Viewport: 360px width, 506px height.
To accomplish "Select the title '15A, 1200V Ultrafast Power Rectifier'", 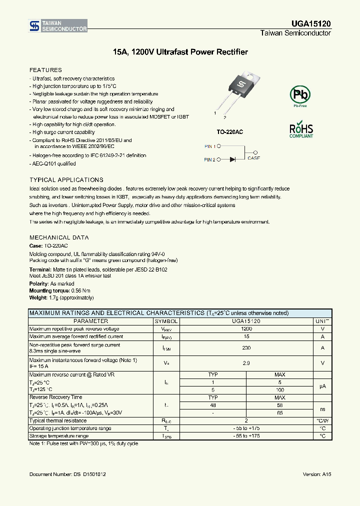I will pyautogui.click(x=180, y=52).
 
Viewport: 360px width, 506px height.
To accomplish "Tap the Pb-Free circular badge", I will pyautogui.click(x=300, y=94).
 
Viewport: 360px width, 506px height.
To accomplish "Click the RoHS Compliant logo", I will pyautogui.click(x=301, y=129).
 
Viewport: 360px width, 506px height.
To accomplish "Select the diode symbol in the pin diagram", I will pyautogui.click(x=233, y=159).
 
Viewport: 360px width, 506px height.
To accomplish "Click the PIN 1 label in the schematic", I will pyautogui.click(x=210, y=146).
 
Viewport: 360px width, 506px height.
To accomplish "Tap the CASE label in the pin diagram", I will pyautogui.click(x=254, y=157).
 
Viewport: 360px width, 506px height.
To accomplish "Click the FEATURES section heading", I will pyautogui.click(x=45, y=70).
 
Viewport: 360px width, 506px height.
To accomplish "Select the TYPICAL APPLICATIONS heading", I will pyautogui.click(x=66, y=179).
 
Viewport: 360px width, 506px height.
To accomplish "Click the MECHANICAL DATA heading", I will pyautogui.click(x=59, y=237).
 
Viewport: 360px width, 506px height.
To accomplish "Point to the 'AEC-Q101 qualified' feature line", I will pyautogui.click(x=53, y=163).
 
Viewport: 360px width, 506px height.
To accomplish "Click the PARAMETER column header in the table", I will pyautogui.click(x=90, y=321).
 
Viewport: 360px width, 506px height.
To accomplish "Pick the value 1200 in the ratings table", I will pyautogui.click(x=246, y=329).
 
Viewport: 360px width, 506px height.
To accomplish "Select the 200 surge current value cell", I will pyautogui.click(x=246, y=347).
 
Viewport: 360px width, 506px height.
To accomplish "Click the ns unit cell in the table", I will pyautogui.click(x=322, y=408).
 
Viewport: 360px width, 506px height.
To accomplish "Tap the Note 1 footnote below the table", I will pyautogui.click(x=83, y=443).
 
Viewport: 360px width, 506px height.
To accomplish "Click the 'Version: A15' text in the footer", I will pyautogui.click(x=316, y=473).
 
